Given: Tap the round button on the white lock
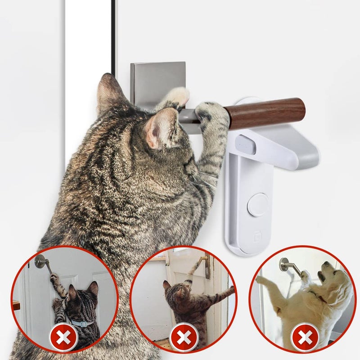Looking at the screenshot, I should tap(258, 205).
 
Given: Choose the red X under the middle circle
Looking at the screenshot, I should tap(184, 337).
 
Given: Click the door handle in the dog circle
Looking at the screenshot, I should tap(288, 266).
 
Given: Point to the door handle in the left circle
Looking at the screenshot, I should tap(42, 261).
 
